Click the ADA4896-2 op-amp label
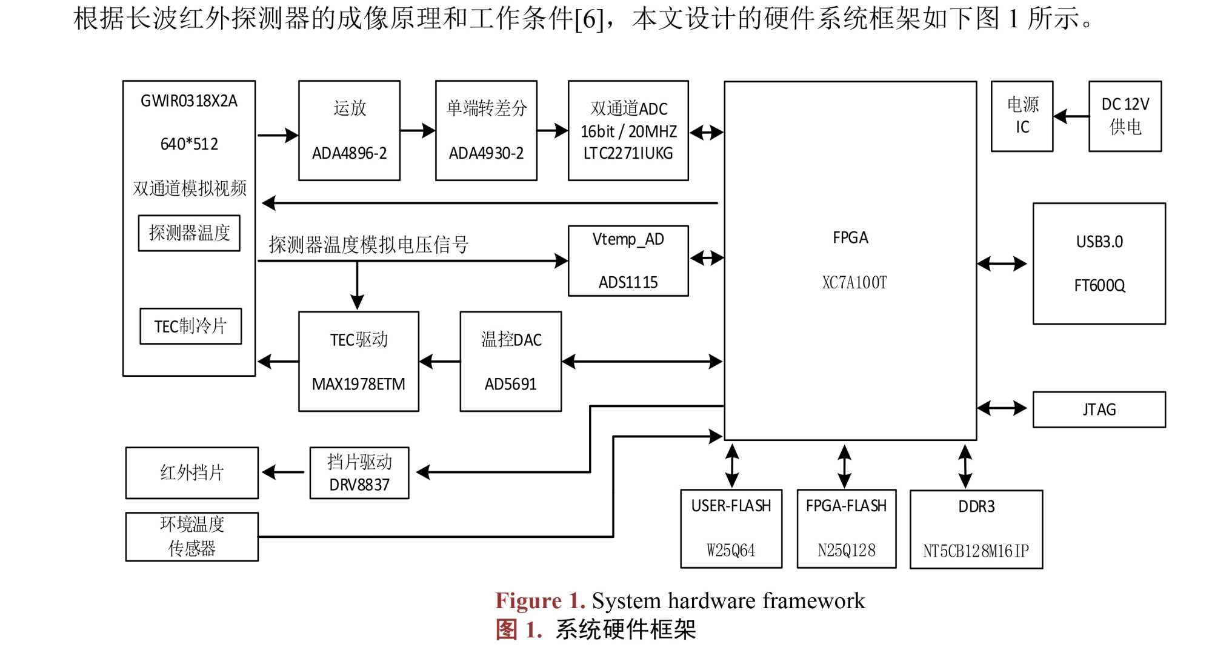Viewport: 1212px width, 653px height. click(x=349, y=153)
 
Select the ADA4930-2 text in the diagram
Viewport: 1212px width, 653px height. click(x=486, y=153)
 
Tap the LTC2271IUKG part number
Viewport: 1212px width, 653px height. click(x=628, y=154)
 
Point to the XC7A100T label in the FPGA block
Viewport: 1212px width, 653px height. click(x=854, y=282)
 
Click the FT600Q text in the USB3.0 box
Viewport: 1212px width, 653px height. click(x=1099, y=285)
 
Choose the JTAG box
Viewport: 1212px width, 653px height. click(x=1099, y=409)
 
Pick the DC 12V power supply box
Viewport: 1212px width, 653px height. click(x=1125, y=116)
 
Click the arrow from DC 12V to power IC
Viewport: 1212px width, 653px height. click(x=1071, y=116)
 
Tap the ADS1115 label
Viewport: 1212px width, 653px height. click(x=628, y=282)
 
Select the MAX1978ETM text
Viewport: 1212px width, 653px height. click(x=358, y=384)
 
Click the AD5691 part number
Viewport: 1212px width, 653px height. click(x=510, y=384)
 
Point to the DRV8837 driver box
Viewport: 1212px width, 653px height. click(x=359, y=473)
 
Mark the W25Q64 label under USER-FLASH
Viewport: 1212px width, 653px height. click(x=731, y=551)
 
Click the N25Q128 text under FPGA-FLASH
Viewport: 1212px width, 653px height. click(x=846, y=551)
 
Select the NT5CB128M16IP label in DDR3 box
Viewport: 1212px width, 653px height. click(x=976, y=551)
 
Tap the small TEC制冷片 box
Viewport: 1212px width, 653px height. click(x=190, y=326)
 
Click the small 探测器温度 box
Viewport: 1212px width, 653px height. click(x=189, y=233)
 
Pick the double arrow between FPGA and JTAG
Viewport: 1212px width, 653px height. click(x=1002, y=409)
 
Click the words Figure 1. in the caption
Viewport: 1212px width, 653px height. click(x=540, y=601)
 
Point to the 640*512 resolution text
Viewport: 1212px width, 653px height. click(x=189, y=144)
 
